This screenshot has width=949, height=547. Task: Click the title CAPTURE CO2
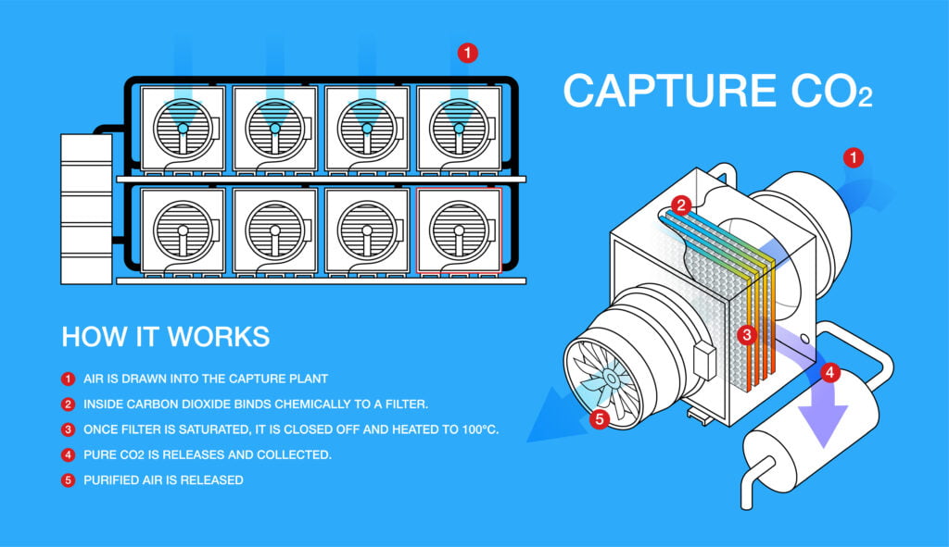coord(718,91)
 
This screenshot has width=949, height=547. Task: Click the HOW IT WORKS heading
coord(166,337)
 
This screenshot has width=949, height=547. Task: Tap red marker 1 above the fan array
coord(467,53)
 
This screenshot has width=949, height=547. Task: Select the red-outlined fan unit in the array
coord(460,230)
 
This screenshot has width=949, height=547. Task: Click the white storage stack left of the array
coord(86,209)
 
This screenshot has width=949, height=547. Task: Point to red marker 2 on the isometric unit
coord(681,205)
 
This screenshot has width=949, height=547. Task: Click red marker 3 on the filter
coord(748,334)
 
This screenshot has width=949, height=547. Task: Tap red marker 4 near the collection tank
coord(830,372)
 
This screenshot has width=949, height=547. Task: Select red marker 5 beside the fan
coord(600,418)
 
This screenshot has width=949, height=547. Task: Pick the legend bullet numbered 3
coord(68,429)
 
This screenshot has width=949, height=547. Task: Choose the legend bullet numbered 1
coord(68,379)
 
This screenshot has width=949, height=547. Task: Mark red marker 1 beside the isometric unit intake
coord(854,158)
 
